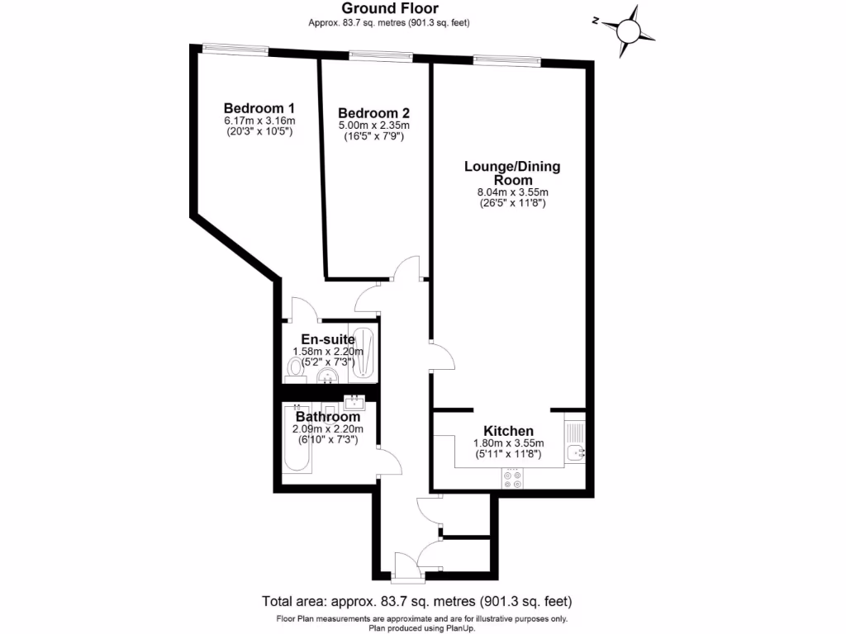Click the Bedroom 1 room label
pos(259,108)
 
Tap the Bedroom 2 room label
pos(374,113)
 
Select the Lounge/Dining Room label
pos(512,173)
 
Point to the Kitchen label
pos(508,431)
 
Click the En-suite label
pos(328,339)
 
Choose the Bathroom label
pos(328,417)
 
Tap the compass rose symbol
pos(630,30)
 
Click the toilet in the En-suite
pos(293,367)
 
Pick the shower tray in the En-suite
pos(364,353)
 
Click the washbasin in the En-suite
pos(329,376)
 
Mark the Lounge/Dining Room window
pos(507,60)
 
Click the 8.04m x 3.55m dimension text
pos(512,192)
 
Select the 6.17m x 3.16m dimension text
pos(259,121)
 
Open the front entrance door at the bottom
pos(406,567)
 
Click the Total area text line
pos(417,601)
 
